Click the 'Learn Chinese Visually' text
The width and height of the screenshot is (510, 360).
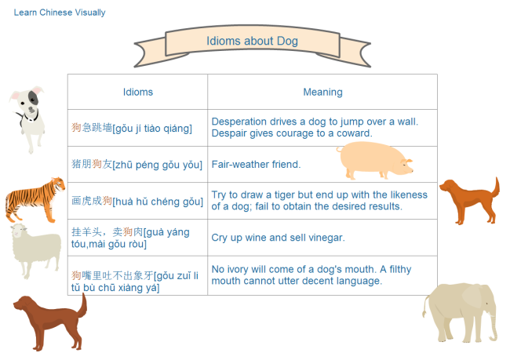click(x=60, y=13)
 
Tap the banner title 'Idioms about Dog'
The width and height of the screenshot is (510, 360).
click(x=252, y=41)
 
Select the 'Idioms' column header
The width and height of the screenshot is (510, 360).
click(x=138, y=92)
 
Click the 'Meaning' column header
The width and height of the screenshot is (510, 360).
click(x=322, y=92)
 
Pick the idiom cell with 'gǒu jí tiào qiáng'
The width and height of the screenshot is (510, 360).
click(x=137, y=128)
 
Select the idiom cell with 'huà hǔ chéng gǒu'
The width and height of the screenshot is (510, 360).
click(x=137, y=201)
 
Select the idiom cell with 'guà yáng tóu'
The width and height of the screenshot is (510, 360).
click(x=137, y=237)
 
